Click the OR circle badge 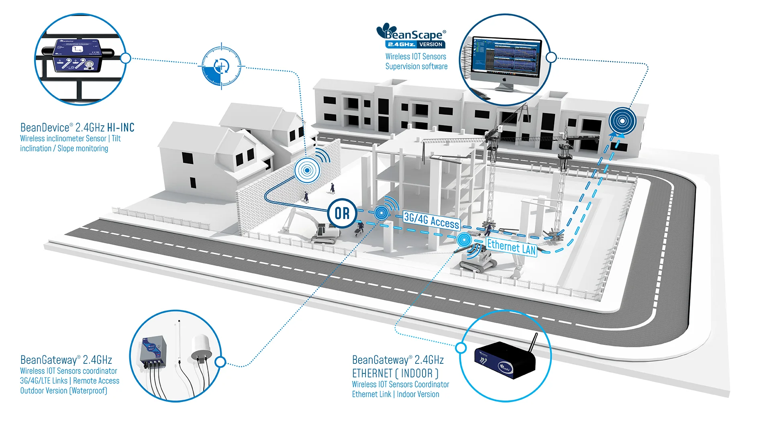[x=342, y=213]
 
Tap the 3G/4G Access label [x=431, y=220]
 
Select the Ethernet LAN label [x=512, y=247]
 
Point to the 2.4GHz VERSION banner [x=415, y=45]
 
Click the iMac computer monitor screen [x=506, y=57]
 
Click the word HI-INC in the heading [x=120, y=128]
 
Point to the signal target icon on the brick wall [x=307, y=170]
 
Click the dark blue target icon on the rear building [x=622, y=120]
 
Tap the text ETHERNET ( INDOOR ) [x=395, y=373]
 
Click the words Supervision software [x=416, y=67]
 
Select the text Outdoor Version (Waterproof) [x=63, y=391]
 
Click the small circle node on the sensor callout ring [x=126, y=58]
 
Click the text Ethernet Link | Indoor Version [x=396, y=394]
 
